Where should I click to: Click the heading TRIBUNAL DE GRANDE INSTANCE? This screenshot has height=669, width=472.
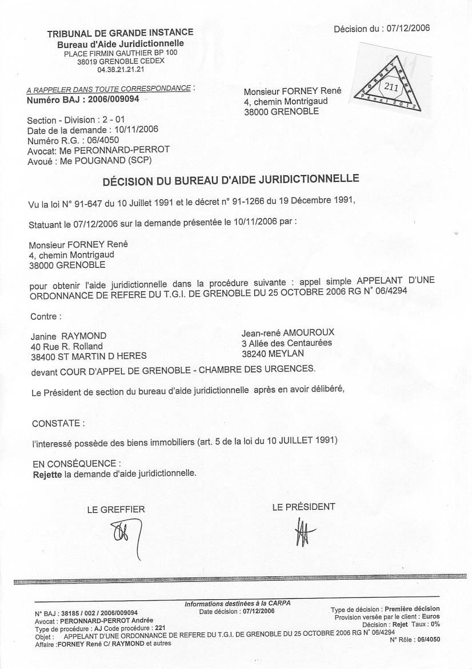point(120,33)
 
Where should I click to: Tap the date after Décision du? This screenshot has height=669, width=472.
point(408,27)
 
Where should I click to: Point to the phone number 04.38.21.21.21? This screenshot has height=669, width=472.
point(121,69)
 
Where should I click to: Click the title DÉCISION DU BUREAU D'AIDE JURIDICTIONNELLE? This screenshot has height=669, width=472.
point(230,181)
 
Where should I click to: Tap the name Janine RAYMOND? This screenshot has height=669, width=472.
point(69,336)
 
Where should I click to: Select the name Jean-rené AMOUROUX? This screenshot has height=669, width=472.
point(288,332)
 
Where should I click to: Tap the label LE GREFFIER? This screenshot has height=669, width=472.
point(116,509)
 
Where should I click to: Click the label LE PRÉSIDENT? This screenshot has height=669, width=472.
point(303,506)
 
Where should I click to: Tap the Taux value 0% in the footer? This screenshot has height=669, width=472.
point(435,625)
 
